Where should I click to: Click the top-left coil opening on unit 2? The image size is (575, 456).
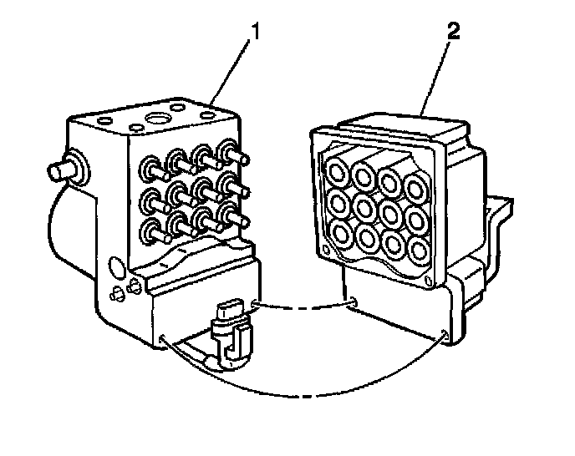tap(338, 172)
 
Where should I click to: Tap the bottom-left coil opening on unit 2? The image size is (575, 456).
tap(340, 231)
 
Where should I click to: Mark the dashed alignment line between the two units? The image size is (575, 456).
tap(305, 304)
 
